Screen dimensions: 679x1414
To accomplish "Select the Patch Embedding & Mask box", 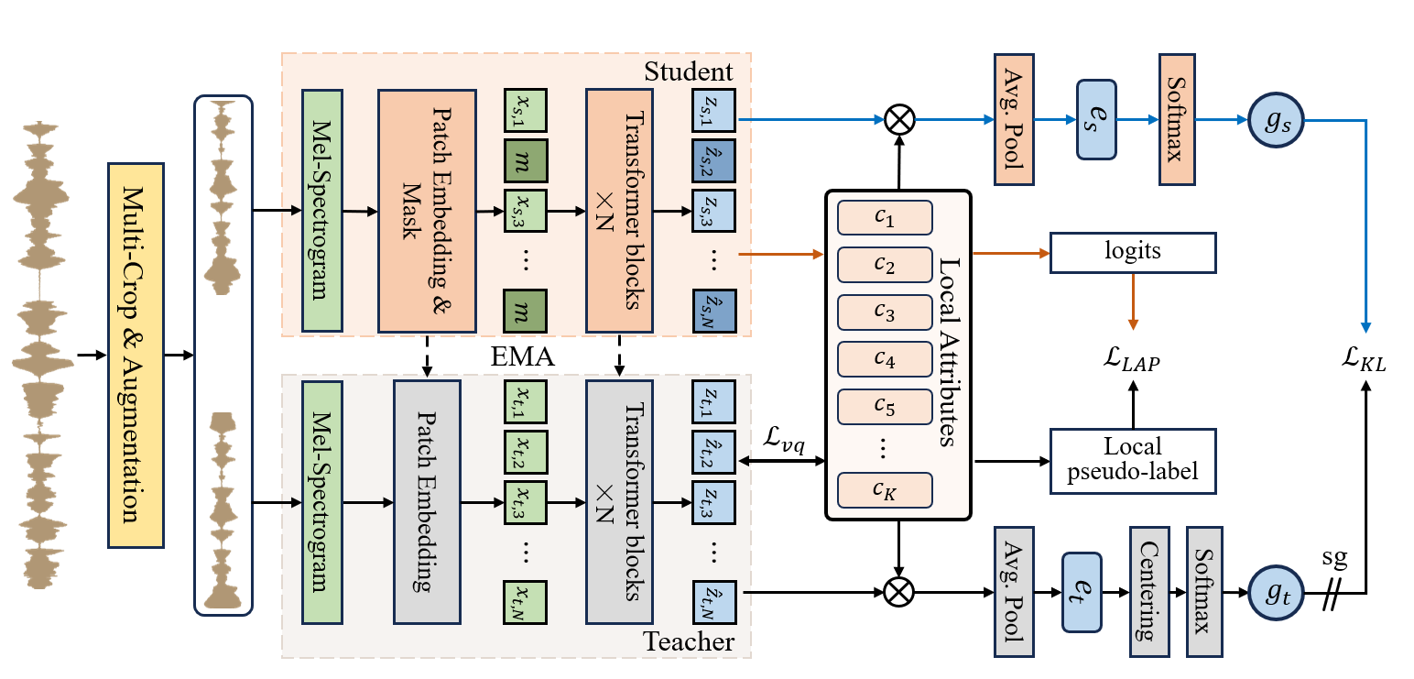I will click(x=427, y=211).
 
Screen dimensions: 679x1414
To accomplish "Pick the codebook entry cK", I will click(x=885, y=489).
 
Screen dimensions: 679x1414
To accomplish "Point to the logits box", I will click(x=1133, y=252).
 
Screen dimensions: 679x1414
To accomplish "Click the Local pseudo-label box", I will click(x=1133, y=460).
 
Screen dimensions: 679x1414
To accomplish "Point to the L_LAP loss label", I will click(x=1133, y=360).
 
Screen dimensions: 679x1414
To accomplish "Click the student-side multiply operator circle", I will click(x=899, y=120).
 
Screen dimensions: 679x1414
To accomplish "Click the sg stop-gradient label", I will click(x=1333, y=557).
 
